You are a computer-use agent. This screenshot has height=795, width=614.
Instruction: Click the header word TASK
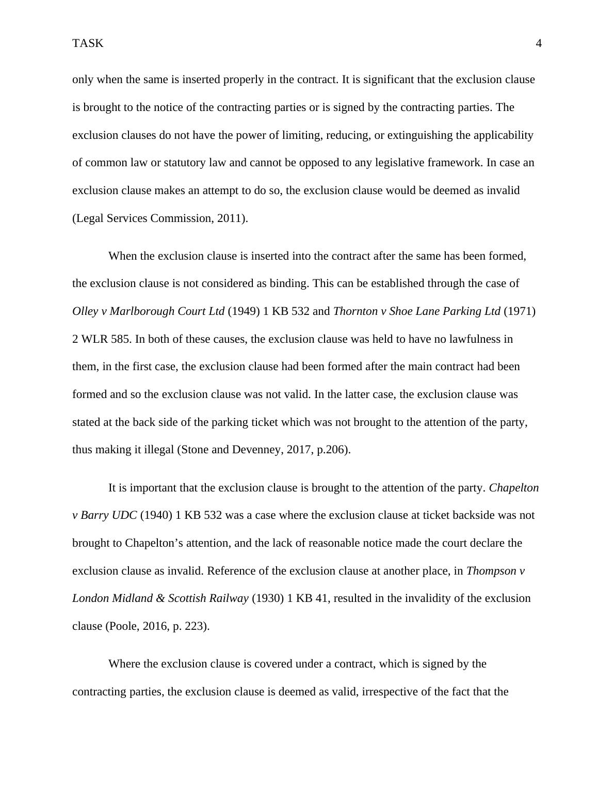tap(88, 43)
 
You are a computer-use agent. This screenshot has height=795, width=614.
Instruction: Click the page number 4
tap(539, 43)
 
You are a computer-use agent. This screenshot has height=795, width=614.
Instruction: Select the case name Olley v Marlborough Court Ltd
tap(148, 311)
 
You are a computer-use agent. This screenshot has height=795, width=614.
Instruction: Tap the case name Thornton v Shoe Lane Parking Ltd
tap(416, 311)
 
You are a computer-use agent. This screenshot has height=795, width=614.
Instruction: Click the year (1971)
tap(519, 311)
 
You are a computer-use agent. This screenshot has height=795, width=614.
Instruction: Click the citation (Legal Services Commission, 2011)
tap(160, 218)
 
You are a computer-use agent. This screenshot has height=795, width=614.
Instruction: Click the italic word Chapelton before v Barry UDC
tap(514, 488)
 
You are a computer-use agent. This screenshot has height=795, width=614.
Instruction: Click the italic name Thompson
tap(491, 571)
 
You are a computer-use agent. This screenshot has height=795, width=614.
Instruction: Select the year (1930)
tap(268, 598)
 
